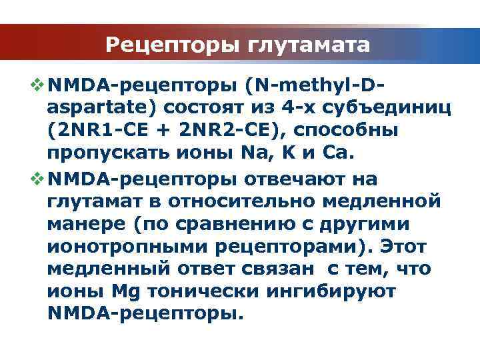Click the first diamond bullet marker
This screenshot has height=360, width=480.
coord(37,85)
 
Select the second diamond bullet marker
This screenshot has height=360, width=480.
coord(37,179)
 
